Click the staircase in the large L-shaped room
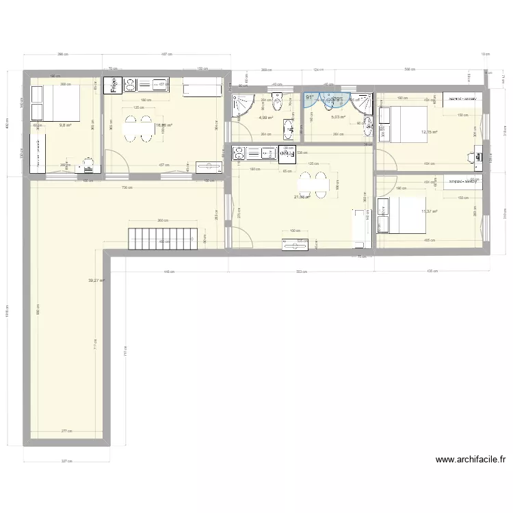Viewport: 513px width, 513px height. click(x=165, y=238)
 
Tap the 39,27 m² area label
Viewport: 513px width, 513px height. click(x=96, y=280)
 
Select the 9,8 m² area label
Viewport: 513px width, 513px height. click(x=66, y=125)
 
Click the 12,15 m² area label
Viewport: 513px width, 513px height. click(x=429, y=132)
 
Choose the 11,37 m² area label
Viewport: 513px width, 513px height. click(x=429, y=211)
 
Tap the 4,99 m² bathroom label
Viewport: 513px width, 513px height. click(x=265, y=118)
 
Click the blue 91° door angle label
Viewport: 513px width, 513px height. click(x=310, y=98)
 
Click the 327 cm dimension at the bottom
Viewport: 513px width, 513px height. click(x=66, y=461)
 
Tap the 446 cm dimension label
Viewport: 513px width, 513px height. click(x=168, y=272)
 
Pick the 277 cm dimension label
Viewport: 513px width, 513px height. click(x=66, y=431)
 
